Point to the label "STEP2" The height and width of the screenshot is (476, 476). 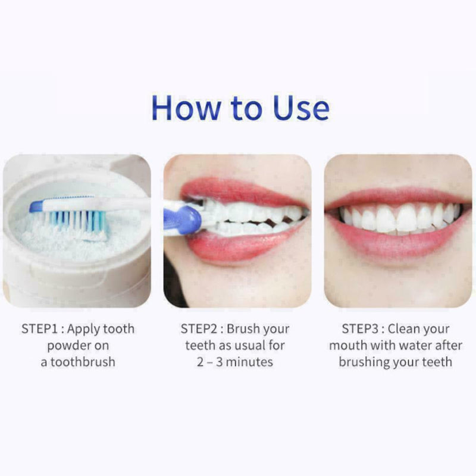pyautogui.click(x=201, y=329)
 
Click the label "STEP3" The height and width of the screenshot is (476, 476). pyautogui.click(x=362, y=329)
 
